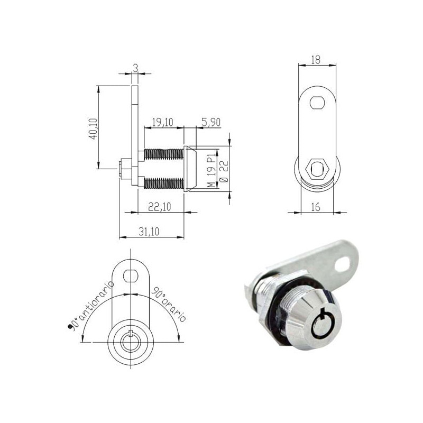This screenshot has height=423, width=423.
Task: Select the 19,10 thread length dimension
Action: [163, 122]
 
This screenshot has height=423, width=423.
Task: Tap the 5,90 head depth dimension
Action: [209, 122]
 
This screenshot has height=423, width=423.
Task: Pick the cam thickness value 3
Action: [135, 68]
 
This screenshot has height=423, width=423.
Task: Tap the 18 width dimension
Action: [317, 60]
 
